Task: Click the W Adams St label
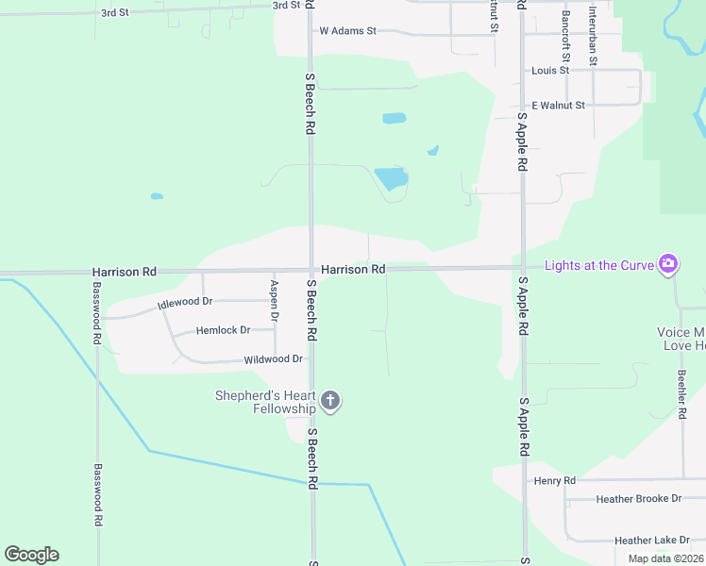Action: tap(347, 30)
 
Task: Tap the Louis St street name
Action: tap(550, 70)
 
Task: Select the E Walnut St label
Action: tap(559, 105)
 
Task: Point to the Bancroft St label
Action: tap(565, 31)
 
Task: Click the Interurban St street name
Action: tap(593, 35)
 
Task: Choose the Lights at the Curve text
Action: tap(599, 265)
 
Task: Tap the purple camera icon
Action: tap(668, 264)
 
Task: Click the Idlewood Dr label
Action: tap(185, 301)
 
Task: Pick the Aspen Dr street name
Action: tap(274, 301)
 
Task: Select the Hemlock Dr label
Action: tap(223, 330)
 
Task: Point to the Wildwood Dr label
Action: tap(273, 359)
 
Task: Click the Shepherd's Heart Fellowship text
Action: tap(265, 402)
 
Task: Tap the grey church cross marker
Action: tap(330, 402)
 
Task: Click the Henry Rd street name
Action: tap(554, 481)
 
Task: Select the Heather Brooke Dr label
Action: tap(638, 498)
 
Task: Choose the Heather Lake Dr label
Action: tap(652, 541)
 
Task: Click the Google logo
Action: tap(31, 555)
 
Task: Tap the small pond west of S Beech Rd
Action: tap(157, 196)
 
